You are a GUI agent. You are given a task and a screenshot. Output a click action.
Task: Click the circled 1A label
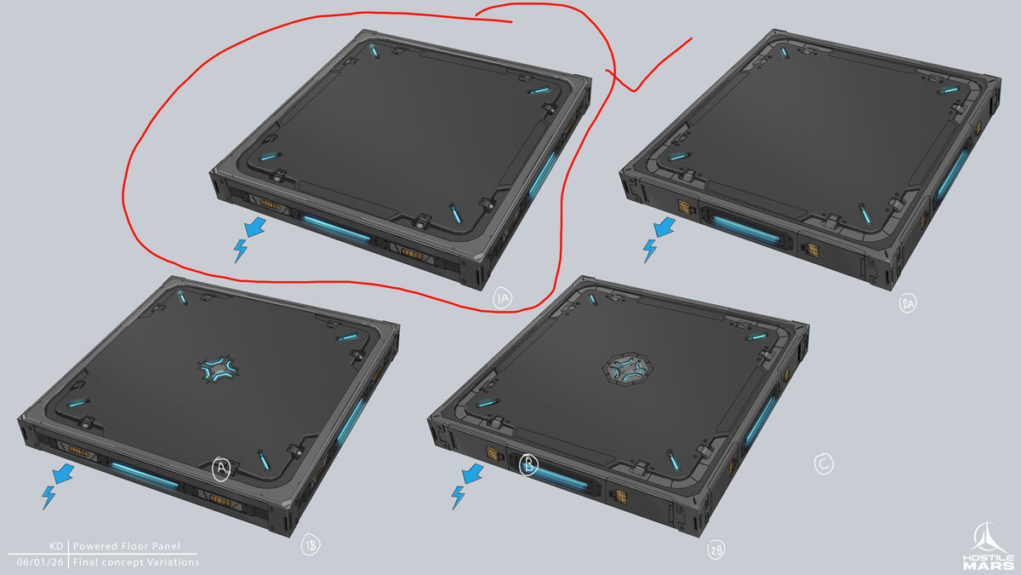(x=502, y=299)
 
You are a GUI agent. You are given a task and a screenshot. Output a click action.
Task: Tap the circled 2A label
(x=908, y=303)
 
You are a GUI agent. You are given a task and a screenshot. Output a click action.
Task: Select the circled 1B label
(x=311, y=545)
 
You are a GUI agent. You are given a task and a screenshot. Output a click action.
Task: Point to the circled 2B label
(x=716, y=550)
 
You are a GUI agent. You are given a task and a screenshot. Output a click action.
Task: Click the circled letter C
(x=824, y=464)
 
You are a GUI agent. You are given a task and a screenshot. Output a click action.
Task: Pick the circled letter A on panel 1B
(x=221, y=469)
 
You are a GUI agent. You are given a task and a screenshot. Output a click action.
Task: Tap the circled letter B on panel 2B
(x=528, y=465)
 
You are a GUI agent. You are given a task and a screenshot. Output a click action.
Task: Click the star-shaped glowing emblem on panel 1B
(x=219, y=369)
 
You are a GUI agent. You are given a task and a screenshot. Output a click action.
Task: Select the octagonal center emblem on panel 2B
(x=628, y=368)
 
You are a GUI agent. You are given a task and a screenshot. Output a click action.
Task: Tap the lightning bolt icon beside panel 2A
(x=649, y=250)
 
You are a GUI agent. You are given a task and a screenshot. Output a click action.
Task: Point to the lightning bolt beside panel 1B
(x=48, y=497)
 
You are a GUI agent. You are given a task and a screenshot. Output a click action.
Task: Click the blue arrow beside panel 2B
(x=473, y=474)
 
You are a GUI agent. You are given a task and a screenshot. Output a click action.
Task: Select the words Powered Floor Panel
(x=127, y=546)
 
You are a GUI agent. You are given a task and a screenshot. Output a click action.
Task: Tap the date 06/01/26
(x=40, y=562)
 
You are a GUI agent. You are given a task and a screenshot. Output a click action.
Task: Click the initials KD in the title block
(x=56, y=546)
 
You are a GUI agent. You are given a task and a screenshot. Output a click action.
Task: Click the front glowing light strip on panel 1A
(x=336, y=228)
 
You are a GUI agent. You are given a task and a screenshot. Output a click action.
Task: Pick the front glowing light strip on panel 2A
(x=746, y=229)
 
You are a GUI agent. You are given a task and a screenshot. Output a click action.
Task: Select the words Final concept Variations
(x=136, y=562)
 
